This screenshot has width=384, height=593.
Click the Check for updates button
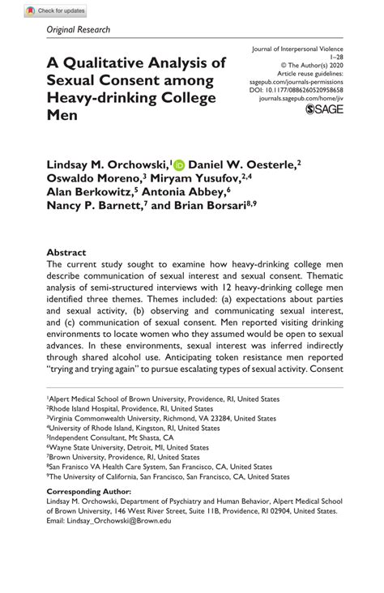click(56, 11)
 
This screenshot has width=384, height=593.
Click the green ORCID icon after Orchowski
click(178, 164)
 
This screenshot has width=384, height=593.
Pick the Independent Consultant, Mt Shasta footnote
click(109, 437)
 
